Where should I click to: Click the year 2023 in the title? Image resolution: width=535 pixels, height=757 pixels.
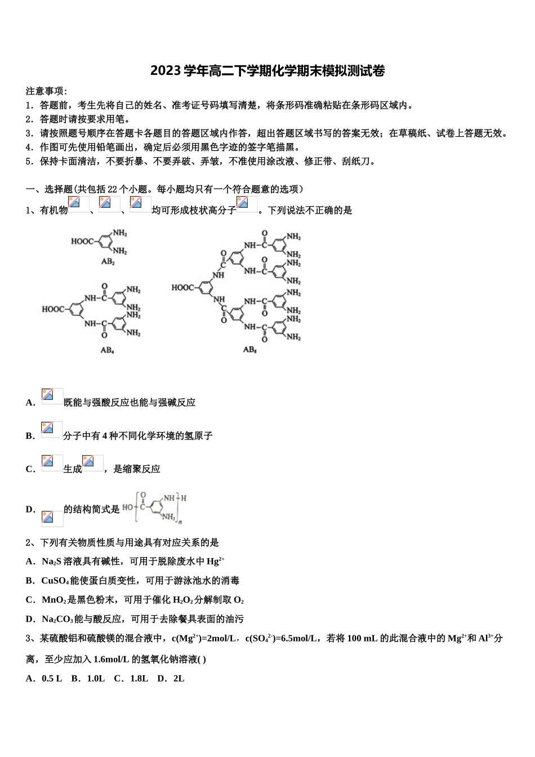coord(163,71)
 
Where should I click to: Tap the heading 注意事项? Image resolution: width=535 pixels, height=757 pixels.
coord(46,91)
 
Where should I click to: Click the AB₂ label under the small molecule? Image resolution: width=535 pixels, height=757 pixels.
coord(108,262)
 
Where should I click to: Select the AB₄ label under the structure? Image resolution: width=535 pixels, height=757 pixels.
coord(108,350)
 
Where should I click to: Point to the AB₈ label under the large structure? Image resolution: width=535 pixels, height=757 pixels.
coord(249,349)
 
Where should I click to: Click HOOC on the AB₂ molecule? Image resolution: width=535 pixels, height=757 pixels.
coord(82,242)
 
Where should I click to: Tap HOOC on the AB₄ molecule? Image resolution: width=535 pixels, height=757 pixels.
coord(54,309)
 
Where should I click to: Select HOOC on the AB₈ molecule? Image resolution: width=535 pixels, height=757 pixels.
coord(182,288)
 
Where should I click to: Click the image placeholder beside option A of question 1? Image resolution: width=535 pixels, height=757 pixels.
coord(52,397)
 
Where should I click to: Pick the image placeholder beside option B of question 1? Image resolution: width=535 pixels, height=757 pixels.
coord(52,430)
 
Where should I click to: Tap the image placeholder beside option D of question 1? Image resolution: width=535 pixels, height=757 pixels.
coord(52,518)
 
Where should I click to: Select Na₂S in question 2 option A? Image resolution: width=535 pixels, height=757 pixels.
coord(51,562)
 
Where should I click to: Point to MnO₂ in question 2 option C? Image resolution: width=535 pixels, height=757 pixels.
coord(54,600)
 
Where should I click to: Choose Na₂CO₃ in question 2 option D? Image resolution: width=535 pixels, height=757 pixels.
coord(57,619)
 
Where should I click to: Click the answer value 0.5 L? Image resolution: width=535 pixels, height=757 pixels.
coord(52,678)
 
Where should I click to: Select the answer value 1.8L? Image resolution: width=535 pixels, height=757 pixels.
coord(137,678)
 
